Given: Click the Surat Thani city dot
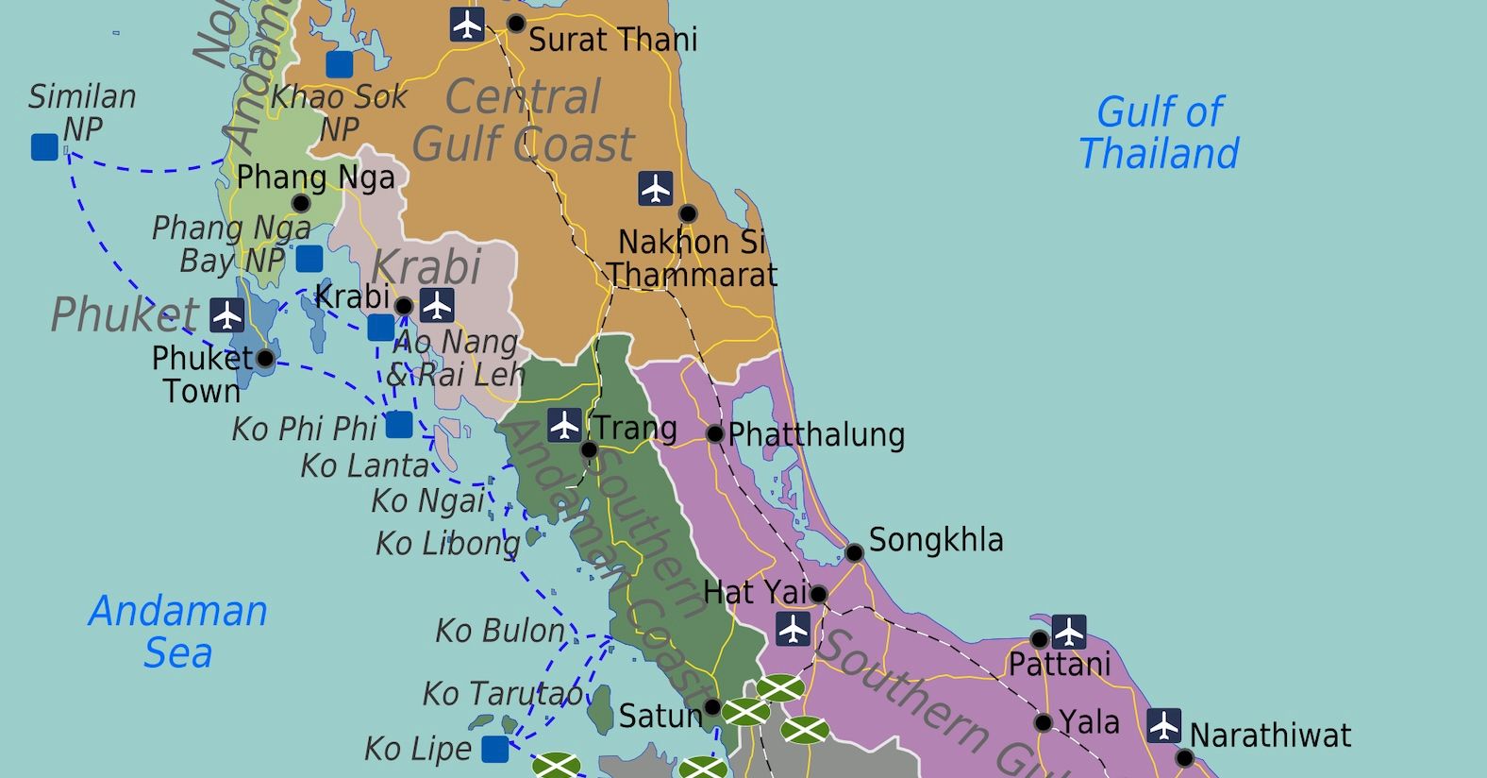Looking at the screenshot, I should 516,24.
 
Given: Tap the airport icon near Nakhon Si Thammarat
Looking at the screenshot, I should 655,188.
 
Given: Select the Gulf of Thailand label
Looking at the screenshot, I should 1159,133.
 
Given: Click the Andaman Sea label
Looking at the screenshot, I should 178,632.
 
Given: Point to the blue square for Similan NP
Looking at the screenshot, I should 44,147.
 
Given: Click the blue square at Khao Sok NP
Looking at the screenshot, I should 340,64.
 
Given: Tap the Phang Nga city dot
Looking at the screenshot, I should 301,203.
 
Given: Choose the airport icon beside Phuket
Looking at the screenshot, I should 226,314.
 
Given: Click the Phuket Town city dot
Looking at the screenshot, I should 266,359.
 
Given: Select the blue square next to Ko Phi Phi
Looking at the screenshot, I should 399,425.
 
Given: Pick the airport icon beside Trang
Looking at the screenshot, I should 564,425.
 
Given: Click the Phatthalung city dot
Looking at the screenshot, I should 715,433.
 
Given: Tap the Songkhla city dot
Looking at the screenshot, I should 854,552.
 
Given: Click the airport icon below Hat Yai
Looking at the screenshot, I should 793,629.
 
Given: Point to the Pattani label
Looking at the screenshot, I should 1060,665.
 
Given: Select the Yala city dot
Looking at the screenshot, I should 1043,723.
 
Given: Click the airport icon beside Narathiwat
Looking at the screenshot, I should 1163,725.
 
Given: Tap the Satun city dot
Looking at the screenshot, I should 712,707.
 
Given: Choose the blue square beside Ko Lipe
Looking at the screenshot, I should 495,750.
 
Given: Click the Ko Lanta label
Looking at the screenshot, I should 365,465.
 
